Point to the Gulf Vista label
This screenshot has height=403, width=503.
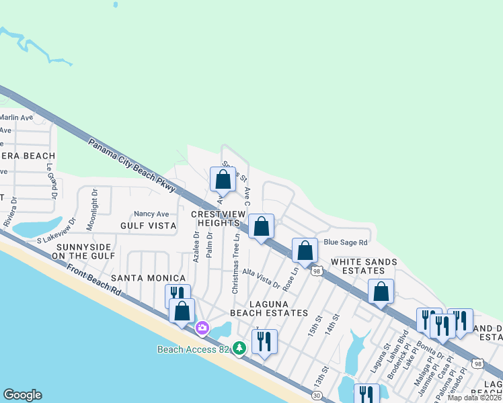point(148,226)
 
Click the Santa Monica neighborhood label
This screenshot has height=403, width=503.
point(148,278)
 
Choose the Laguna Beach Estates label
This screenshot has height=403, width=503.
point(269,308)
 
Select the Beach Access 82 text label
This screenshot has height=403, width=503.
point(194,349)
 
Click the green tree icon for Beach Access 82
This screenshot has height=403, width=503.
point(239,348)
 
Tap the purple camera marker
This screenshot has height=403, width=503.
point(202,328)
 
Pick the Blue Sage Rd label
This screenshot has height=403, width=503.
point(346,242)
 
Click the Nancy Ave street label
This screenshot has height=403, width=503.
point(151,214)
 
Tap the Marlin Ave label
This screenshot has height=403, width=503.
point(16,118)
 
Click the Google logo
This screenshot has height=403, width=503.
point(22,395)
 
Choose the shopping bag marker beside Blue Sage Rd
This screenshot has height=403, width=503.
point(305,251)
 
